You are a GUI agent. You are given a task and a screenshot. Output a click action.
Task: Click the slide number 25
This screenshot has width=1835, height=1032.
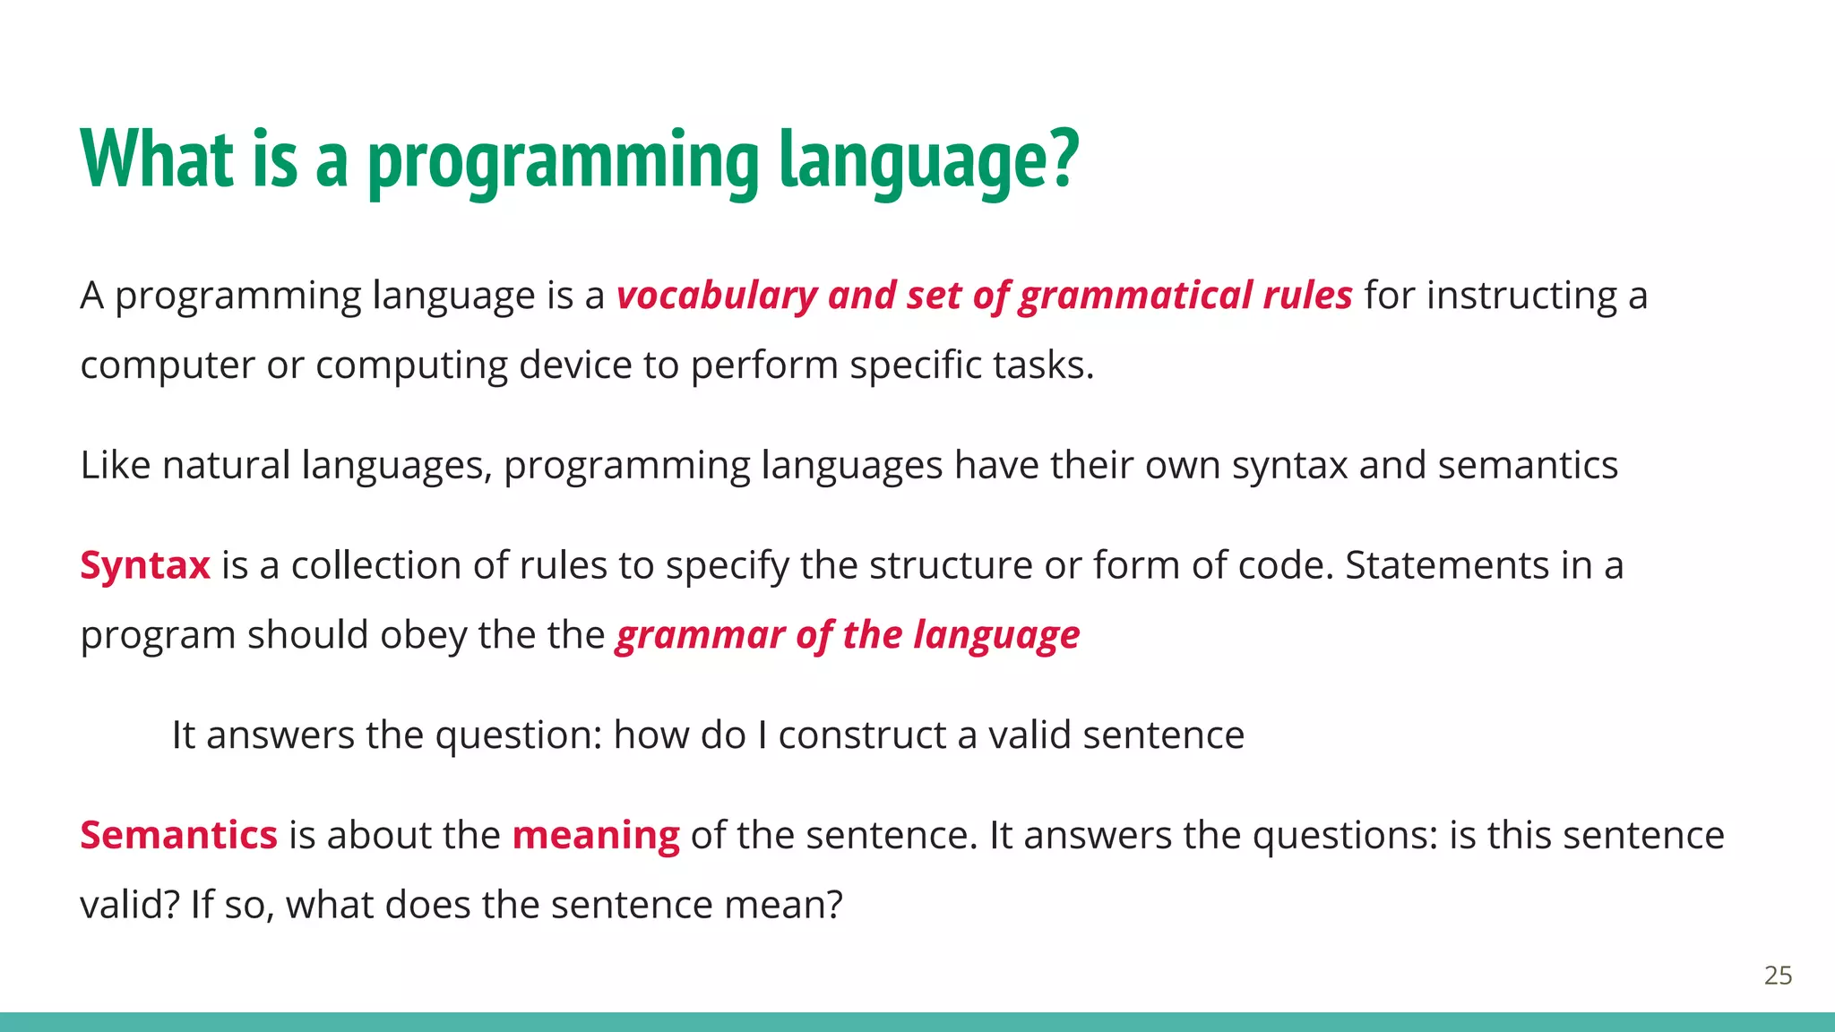click(1778, 976)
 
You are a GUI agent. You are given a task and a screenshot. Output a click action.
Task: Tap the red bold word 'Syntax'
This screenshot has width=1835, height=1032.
click(145, 566)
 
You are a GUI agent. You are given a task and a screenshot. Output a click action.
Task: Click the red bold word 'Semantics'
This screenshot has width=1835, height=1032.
click(178, 835)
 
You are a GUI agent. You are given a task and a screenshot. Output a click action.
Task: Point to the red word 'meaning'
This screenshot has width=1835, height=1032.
click(596, 835)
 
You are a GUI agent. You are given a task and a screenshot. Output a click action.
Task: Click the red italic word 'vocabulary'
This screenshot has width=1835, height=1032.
click(717, 296)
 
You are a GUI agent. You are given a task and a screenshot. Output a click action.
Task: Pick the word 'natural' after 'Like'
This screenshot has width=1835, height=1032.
click(226, 466)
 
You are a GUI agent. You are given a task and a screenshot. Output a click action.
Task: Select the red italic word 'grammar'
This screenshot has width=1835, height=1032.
click(700, 636)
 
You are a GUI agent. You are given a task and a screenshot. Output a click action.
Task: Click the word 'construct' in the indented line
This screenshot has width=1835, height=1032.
click(862, 735)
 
